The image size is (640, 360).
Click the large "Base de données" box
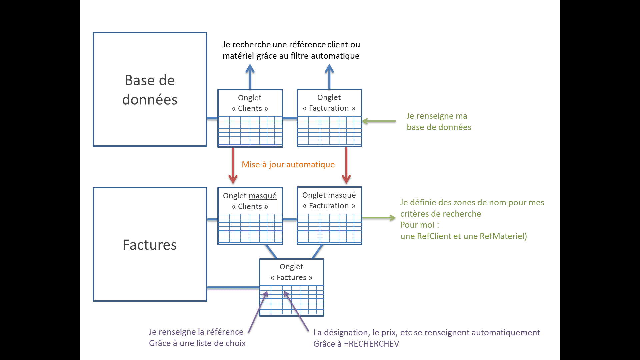click(x=150, y=89)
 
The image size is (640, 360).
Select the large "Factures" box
click(x=150, y=244)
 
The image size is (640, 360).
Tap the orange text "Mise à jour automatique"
click(x=288, y=164)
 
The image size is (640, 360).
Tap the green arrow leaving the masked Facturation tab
click(x=379, y=218)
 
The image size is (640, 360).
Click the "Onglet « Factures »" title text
click(x=291, y=272)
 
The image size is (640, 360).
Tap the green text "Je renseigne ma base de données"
click(x=438, y=121)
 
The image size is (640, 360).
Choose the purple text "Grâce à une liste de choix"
click(x=197, y=343)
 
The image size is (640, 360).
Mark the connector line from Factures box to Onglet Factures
click(x=233, y=287)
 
